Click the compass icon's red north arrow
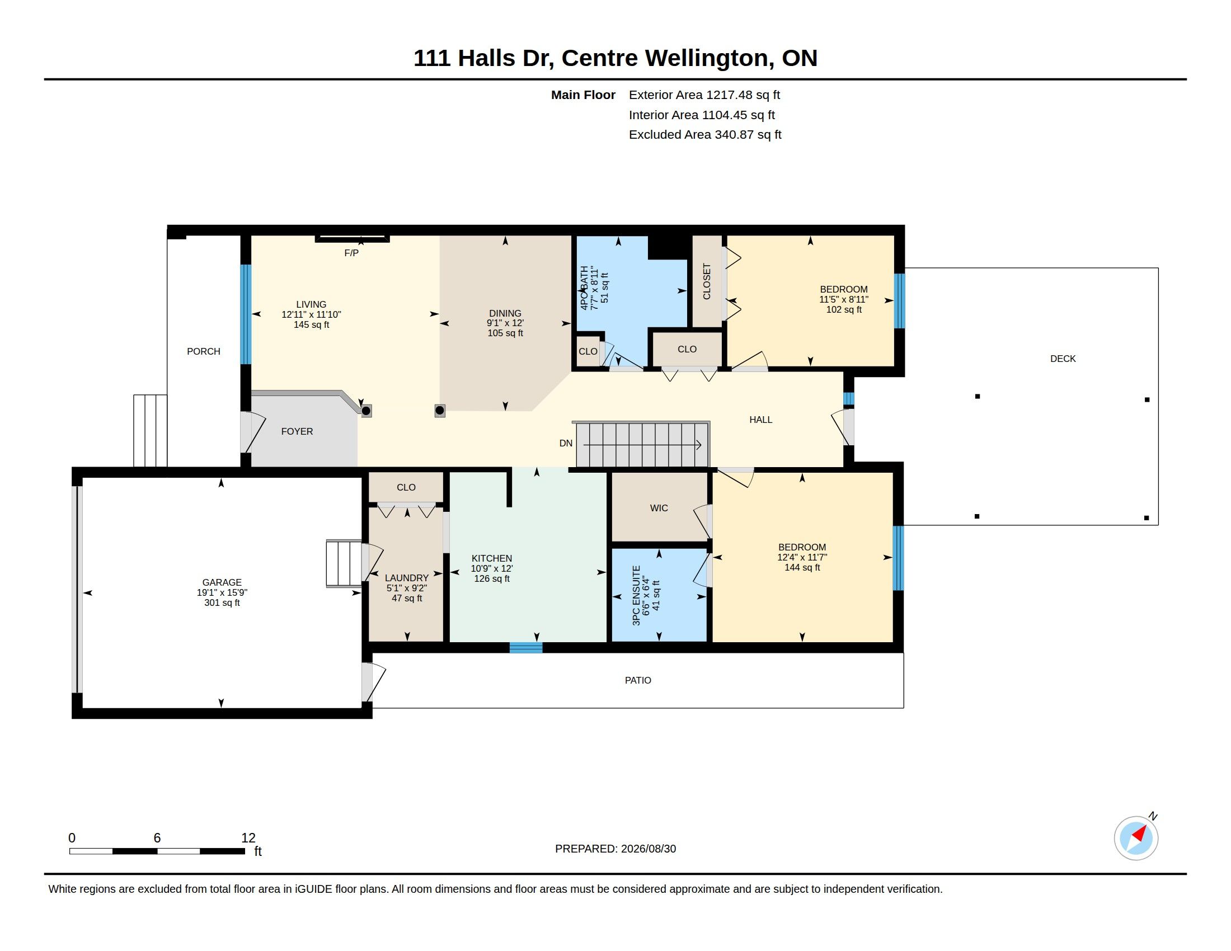1140,834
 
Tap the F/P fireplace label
351,253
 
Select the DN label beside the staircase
566,444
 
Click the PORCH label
204,351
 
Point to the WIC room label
659,508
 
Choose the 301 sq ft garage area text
222,603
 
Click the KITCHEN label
492,558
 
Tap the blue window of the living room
246,314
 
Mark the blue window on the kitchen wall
526,647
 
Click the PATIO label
638,681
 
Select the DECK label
1063,359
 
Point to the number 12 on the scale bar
248,838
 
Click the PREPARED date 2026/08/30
648,849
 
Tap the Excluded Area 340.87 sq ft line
705,135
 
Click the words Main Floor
583,95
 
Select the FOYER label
297,431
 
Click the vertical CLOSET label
707,282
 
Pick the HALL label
761,420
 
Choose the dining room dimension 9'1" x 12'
506,323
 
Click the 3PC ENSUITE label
636,596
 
